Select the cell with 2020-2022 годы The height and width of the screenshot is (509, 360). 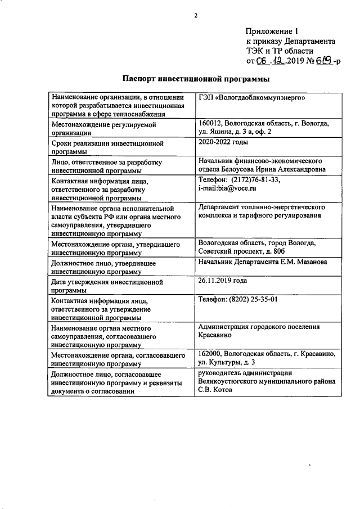[223, 143]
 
